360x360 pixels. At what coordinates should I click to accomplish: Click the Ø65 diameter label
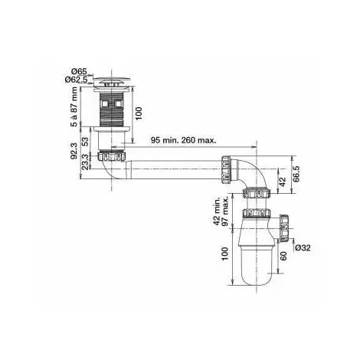point(79,71)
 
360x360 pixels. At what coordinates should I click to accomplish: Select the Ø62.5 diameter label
point(76,80)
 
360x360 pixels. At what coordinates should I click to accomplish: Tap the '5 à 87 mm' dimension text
point(74,106)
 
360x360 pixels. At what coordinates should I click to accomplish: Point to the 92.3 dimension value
point(74,151)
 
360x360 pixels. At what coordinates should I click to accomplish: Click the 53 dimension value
point(86,142)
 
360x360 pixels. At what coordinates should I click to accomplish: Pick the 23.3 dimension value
point(86,162)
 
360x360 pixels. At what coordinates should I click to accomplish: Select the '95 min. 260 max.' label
point(183,140)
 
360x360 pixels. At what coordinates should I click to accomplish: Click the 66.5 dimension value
point(296,174)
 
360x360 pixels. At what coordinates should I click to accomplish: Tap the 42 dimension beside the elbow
point(283,182)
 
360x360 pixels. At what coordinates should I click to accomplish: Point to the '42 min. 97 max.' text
point(221,211)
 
